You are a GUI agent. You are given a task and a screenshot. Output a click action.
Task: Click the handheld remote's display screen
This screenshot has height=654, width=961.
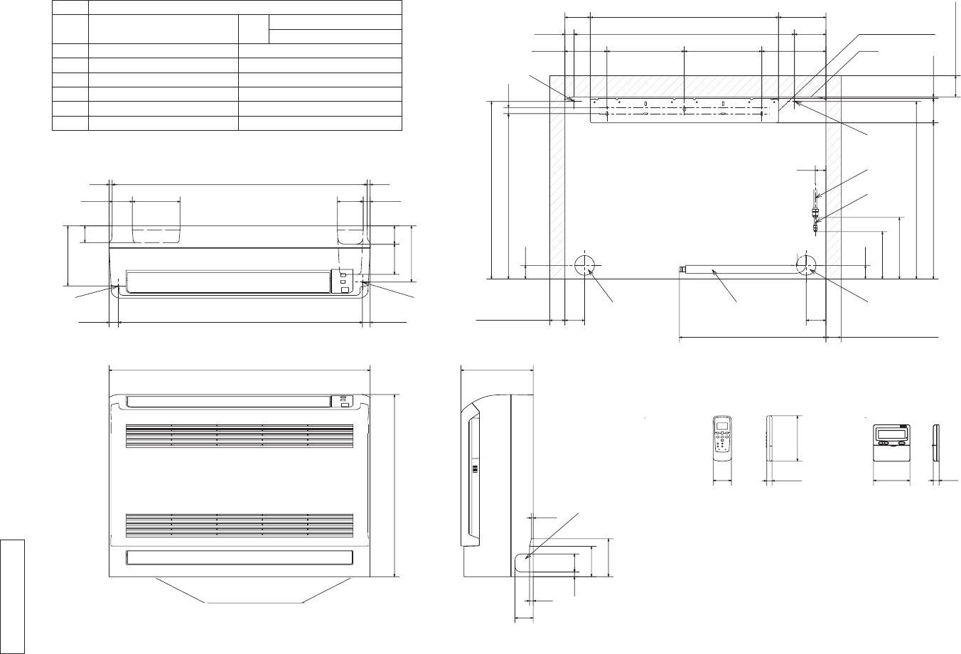722,427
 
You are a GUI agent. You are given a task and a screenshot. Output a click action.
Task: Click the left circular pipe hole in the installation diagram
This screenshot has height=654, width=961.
584,267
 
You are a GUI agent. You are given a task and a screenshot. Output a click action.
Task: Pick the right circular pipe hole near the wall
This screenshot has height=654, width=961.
807,267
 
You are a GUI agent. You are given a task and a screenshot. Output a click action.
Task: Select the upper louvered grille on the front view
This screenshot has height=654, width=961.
240,436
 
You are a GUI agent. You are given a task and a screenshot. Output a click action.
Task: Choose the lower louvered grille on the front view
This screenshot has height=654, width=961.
240,525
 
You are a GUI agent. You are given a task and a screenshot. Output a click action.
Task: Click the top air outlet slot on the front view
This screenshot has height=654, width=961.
227,401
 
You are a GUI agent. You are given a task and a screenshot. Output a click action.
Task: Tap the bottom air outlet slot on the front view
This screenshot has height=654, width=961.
238,557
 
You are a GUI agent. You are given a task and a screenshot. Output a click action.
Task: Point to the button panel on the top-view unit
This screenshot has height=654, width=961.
342,280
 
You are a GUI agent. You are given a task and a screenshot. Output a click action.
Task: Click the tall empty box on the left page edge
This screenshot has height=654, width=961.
13,596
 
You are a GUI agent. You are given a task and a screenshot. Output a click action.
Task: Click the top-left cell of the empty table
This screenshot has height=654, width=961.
70,6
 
